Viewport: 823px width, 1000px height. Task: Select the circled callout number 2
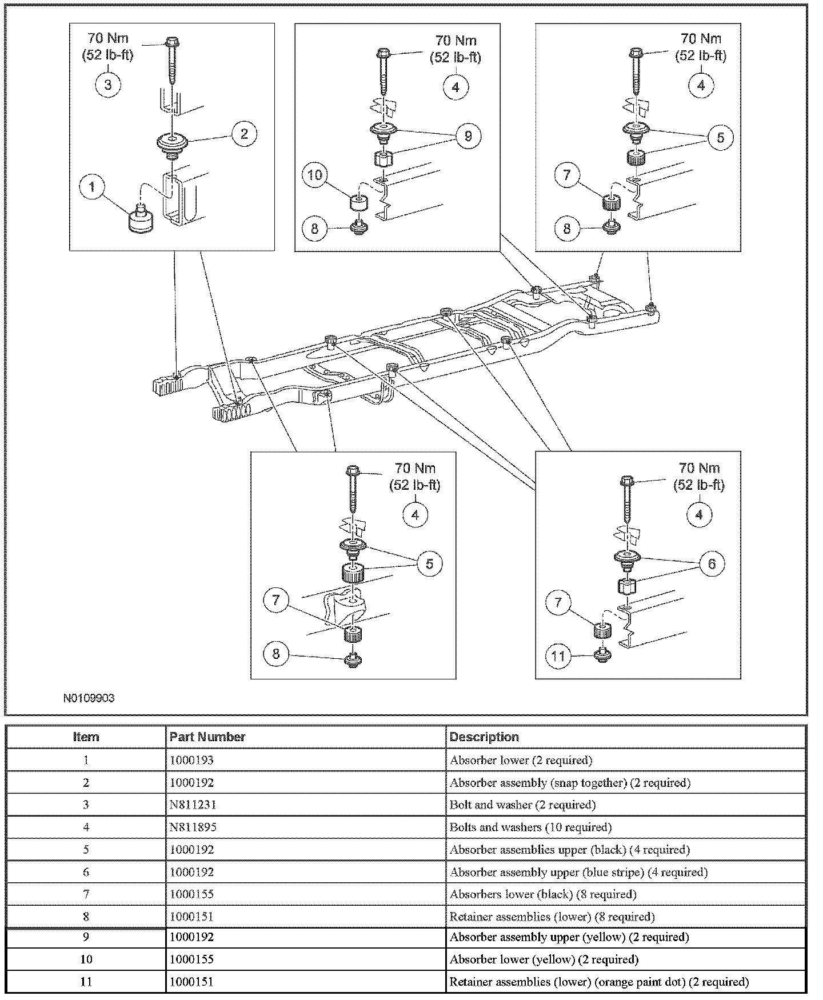[x=244, y=134]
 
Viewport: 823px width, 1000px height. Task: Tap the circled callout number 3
[x=108, y=85]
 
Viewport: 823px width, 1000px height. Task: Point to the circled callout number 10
[x=315, y=175]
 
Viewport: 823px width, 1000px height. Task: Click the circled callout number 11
[x=558, y=655]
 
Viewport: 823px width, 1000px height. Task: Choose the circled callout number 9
[x=468, y=137]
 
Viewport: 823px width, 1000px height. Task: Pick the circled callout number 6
[x=712, y=565]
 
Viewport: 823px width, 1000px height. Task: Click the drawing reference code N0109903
[x=89, y=698]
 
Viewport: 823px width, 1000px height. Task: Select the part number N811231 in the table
[x=192, y=805]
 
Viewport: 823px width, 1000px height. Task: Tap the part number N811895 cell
[x=193, y=827]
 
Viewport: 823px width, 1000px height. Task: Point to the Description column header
[x=484, y=737]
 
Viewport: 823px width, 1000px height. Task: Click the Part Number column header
[x=207, y=737]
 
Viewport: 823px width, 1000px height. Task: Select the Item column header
[x=86, y=737]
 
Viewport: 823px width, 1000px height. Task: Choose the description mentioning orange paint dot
[x=598, y=982]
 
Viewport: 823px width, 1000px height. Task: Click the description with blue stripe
[x=578, y=872]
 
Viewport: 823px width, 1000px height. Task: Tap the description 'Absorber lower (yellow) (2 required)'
[x=544, y=959]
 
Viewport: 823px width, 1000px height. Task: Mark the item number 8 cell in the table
[x=86, y=917]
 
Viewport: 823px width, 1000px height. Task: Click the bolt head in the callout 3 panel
[x=171, y=42]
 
